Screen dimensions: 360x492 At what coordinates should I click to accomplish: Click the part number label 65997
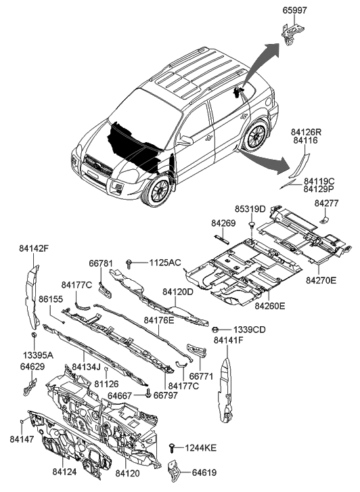coord(295,10)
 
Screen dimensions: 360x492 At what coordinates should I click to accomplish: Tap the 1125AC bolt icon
coord(129,263)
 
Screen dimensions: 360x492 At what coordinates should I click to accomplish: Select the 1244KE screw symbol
coord(172,448)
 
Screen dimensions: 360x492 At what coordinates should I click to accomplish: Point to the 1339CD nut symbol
coord(215,329)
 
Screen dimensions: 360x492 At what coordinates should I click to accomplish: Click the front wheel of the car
coord(160,190)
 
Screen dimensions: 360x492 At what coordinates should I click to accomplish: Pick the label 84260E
coord(269,305)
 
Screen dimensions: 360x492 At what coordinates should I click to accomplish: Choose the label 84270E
coord(321,280)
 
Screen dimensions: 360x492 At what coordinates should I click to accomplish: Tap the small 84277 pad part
coord(324,220)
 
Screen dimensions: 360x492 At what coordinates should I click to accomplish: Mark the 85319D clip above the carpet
coord(252,225)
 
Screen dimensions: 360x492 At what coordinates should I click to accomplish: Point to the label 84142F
coord(34,248)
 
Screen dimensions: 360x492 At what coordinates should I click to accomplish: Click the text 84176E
coord(159,320)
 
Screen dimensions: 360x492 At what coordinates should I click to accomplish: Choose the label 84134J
coord(86,366)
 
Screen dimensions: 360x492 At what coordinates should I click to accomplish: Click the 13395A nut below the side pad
coord(34,335)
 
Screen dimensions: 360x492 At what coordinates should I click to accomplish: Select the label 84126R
coord(306,132)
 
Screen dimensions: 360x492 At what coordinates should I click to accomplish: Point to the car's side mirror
coord(185,141)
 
